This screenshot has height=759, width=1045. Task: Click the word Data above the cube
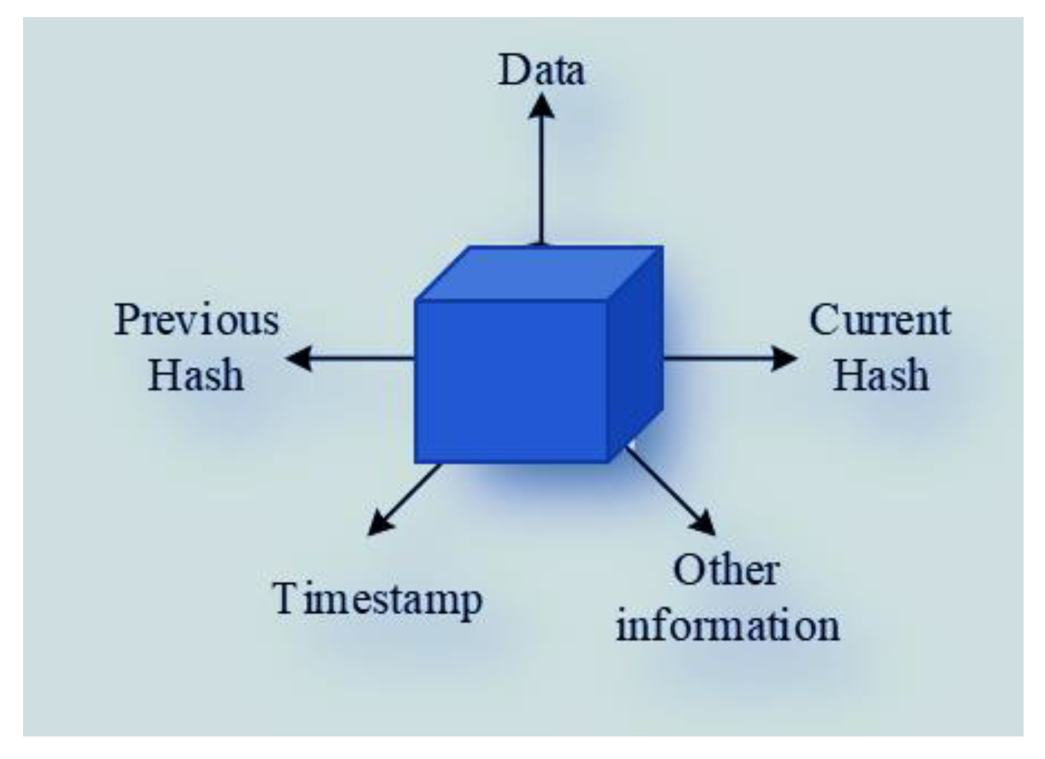pyautogui.click(x=542, y=71)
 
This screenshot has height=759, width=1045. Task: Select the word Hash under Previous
pyautogui.click(x=196, y=375)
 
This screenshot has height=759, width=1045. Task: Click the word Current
pyautogui.click(x=880, y=320)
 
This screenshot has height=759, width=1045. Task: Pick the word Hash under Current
pyautogui.click(x=881, y=375)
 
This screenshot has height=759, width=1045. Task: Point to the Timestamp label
pyautogui.click(x=378, y=600)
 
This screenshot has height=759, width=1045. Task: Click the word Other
pyautogui.click(x=726, y=570)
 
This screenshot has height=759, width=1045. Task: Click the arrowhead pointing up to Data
pyautogui.click(x=542, y=106)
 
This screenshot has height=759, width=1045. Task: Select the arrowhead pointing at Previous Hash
pyautogui.click(x=299, y=358)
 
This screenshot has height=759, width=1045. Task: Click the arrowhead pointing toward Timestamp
pyautogui.click(x=380, y=522)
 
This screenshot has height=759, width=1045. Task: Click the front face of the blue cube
pyautogui.click(x=512, y=381)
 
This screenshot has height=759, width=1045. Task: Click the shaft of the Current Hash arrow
pyautogui.click(x=718, y=358)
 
